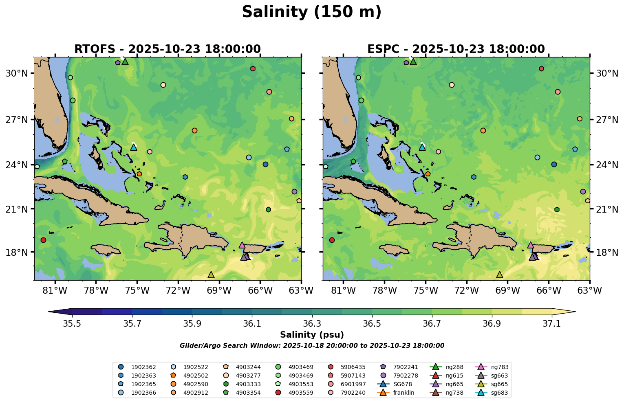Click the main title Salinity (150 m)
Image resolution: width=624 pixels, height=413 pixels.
(311, 12)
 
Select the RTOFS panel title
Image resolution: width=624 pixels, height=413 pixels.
(167, 49)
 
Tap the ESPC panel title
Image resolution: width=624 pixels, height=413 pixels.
(456, 49)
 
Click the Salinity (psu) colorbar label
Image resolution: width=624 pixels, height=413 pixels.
(312, 335)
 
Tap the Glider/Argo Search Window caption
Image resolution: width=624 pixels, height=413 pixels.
(312, 346)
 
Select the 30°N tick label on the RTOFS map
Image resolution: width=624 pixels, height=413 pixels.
(17, 73)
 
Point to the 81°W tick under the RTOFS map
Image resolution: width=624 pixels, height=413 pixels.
(55, 290)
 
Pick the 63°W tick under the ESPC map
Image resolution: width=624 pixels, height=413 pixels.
(590, 290)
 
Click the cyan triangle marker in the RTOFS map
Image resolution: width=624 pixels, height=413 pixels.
(133, 147)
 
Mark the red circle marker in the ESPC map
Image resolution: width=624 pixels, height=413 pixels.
(332, 240)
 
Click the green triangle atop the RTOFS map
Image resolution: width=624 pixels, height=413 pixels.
(125, 62)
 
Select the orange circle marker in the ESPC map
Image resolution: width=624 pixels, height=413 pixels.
(483, 130)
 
